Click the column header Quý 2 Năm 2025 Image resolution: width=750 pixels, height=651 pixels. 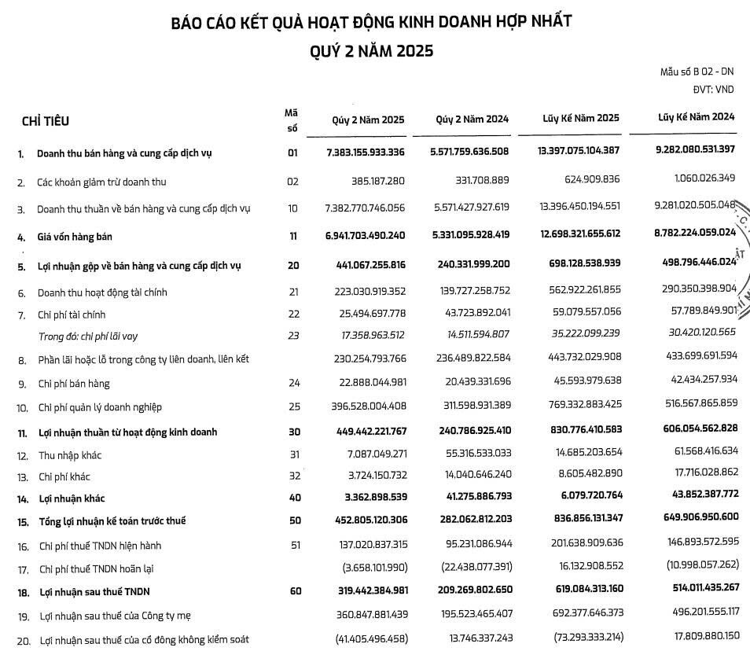[x=368, y=120]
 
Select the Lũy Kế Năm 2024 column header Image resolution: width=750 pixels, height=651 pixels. [x=696, y=117]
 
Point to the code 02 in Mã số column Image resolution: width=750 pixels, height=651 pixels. [x=292, y=182]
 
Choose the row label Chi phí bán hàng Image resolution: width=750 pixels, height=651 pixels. [x=74, y=384]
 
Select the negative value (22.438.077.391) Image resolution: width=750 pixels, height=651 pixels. [x=469, y=565]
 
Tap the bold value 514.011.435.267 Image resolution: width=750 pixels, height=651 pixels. [x=689, y=587]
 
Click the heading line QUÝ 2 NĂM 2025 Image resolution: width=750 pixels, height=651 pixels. [x=370, y=50]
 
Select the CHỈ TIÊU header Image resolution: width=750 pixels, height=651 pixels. [x=46, y=121]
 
